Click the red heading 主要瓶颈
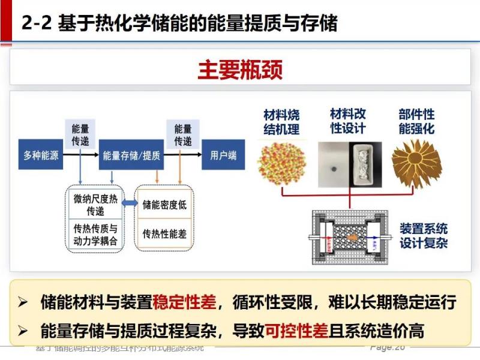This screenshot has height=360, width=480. [x=240, y=69]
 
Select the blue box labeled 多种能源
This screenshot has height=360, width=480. [x=41, y=156]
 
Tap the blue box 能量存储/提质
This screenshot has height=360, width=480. [x=131, y=156]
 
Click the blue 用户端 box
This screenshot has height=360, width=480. [x=223, y=156]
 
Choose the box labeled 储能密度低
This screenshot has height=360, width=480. [x=164, y=205]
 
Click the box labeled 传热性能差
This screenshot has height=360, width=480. [x=164, y=233]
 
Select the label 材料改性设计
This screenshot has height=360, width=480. [x=348, y=120]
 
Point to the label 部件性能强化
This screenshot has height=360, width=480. [x=416, y=121]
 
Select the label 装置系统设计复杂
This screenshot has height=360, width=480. [x=424, y=236]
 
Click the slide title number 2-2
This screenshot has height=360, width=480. [x=36, y=23]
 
